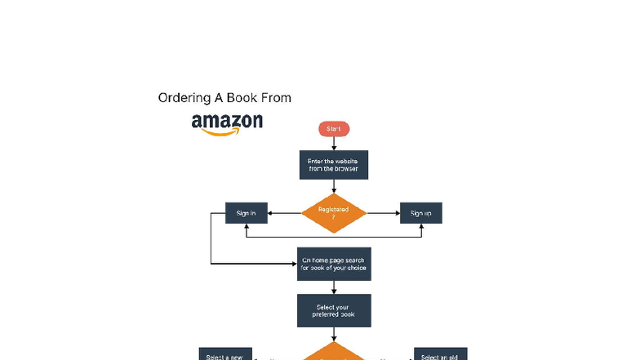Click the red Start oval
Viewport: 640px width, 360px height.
(334, 129)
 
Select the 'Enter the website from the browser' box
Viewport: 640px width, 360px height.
(334, 164)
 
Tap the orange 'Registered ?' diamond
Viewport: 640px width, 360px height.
(334, 213)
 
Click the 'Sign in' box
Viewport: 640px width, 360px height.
(246, 213)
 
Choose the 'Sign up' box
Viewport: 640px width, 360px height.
(421, 213)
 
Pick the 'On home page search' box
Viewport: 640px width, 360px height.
(334, 264)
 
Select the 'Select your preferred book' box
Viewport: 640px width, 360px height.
(334, 310)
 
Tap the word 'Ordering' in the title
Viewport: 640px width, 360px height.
(184, 98)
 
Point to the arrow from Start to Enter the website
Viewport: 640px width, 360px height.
(334, 143)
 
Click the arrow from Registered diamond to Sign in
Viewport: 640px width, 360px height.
(283, 213)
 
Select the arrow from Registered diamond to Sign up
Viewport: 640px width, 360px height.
(383, 213)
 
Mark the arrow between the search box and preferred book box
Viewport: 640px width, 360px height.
(334, 287)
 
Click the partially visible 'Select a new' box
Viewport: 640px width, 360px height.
(226, 355)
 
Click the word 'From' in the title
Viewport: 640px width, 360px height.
(275, 98)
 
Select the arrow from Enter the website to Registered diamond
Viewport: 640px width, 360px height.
(334, 187)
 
